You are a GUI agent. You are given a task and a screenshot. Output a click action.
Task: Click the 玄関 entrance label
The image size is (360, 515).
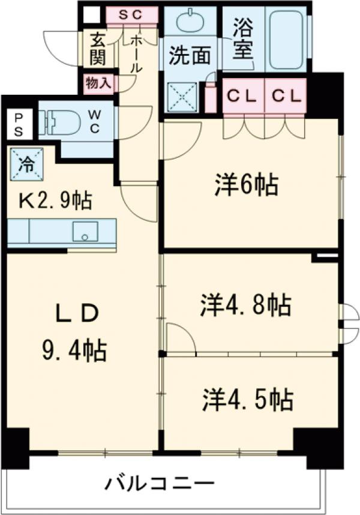pyautogui.click(x=97, y=49)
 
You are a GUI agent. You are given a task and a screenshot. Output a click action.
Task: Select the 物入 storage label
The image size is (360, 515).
pyautogui.click(x=98, y=83)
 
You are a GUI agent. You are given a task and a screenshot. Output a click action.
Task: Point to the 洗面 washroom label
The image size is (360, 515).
pyautogui.click(x=189, y=55)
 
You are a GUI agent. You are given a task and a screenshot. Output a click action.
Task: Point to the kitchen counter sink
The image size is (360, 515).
pyautogui.click(x=85, y=231)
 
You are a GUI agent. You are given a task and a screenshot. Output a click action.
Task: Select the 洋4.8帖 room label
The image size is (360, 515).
pyautogui.click(x=246, y=305)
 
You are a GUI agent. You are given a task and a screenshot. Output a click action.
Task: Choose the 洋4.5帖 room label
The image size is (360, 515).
pyautogui.click(x=247, y=399)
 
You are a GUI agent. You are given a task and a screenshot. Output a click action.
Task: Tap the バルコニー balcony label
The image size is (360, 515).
pyautogui.click(x=160, y=483)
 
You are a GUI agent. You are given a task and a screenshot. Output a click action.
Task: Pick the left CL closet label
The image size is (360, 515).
pyautogui.click(x=242, y=95)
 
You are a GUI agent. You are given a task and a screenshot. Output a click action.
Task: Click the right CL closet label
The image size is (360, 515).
pyautogui.click(x=284, y=95)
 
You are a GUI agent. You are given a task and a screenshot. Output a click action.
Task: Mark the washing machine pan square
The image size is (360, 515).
pyautogui.click(x=182, y=96)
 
